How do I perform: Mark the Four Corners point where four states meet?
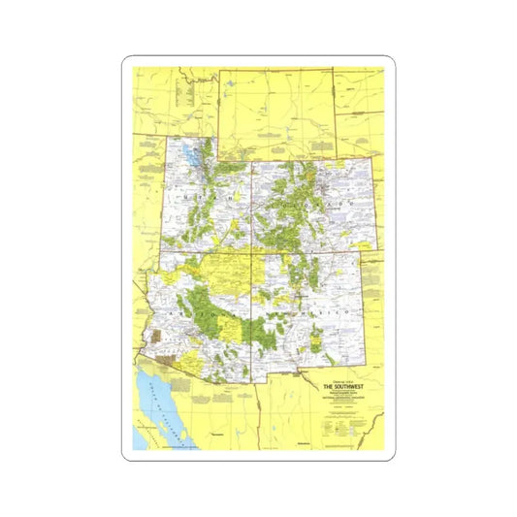(252, 253)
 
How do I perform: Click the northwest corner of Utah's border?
(168, 138)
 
